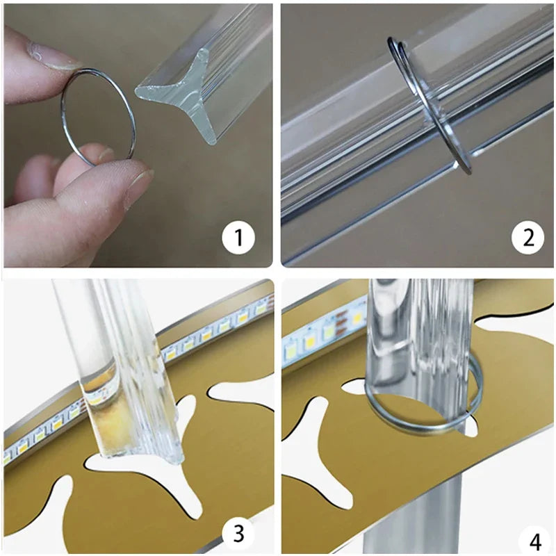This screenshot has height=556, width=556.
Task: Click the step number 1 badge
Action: (238, 237)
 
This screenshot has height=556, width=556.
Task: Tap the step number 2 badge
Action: (528, 237)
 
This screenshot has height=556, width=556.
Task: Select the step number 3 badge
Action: (238, 533)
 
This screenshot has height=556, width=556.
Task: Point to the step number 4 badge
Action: (535, 542)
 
